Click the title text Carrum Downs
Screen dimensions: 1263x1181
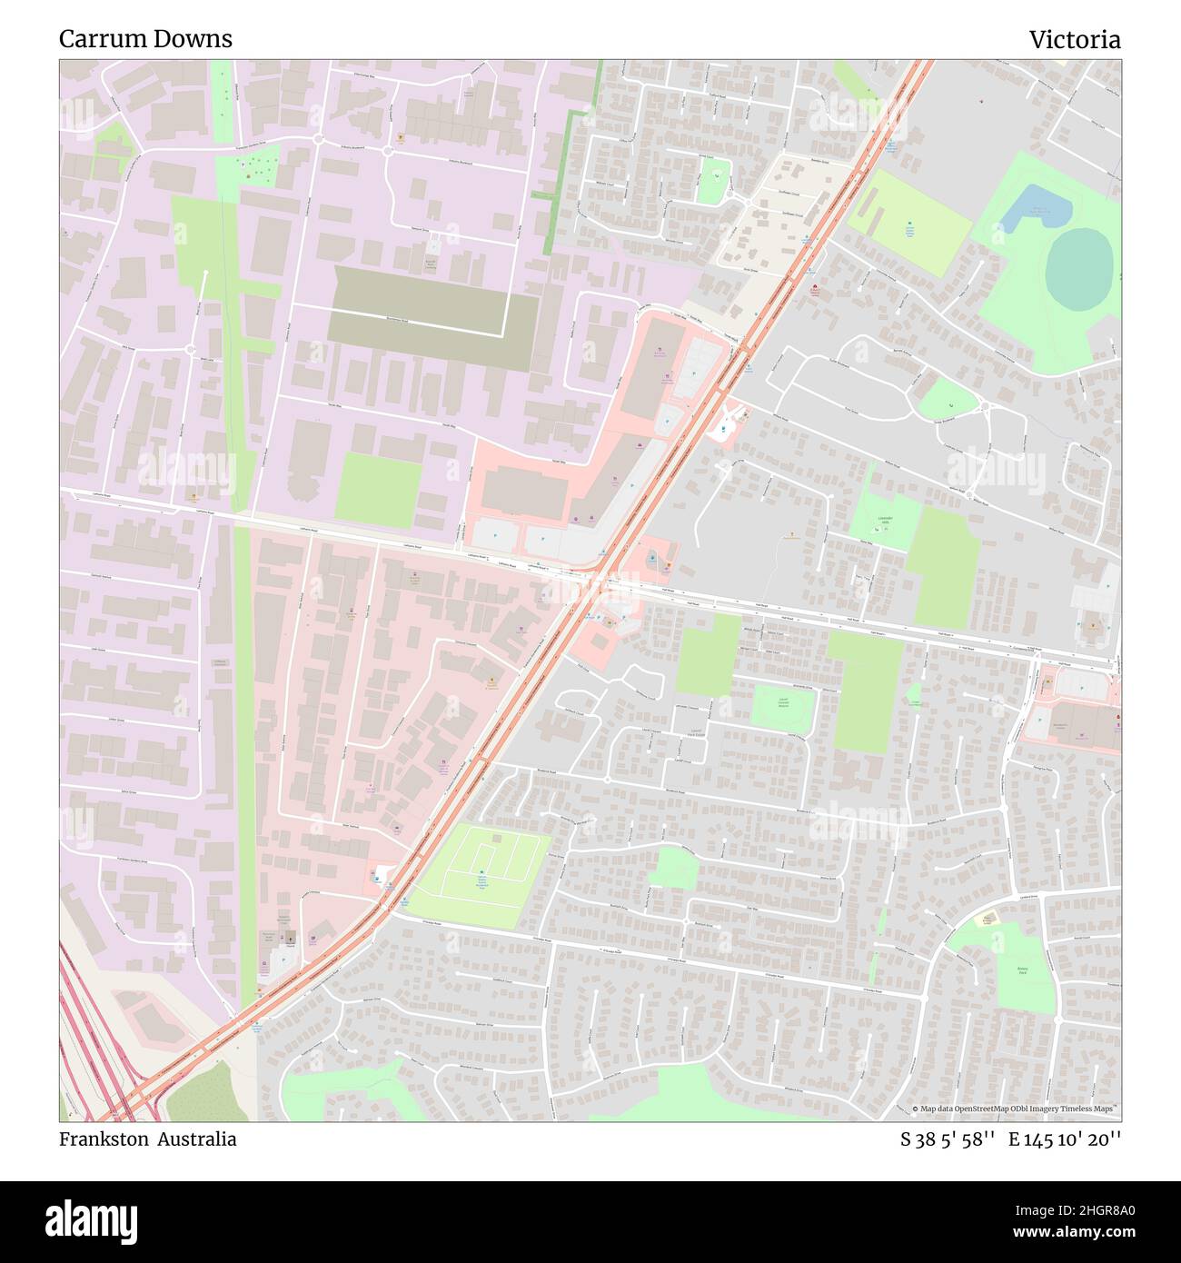click(x=145, y=39)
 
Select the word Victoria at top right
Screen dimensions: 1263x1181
click(x=1074, y=40)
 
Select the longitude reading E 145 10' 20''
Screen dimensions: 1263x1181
click(x=1064, y=1139)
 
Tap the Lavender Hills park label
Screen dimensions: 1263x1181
click(x=885, y=521)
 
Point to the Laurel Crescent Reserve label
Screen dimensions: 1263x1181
click(x=782, y=702)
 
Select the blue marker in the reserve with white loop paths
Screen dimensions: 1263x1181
click(x=481, y=876)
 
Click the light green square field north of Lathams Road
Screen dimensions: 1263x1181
click(x=379, y=490)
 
